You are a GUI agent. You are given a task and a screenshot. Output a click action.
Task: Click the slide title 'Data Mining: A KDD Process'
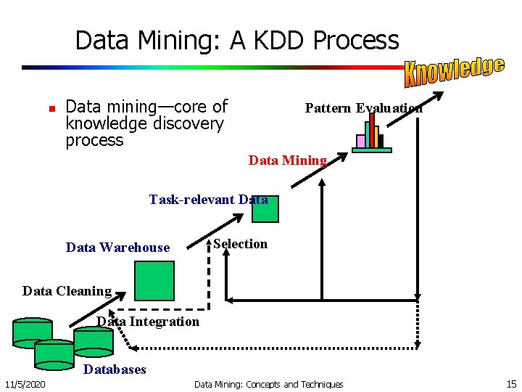coord(237,40)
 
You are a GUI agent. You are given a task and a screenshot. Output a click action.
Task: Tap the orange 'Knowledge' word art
coord(454,70)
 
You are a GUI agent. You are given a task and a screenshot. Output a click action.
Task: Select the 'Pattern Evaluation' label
coord(363,108)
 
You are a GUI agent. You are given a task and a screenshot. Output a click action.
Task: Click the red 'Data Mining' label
coord(288,160)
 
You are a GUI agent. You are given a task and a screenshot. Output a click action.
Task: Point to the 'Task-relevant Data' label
coord(208,199)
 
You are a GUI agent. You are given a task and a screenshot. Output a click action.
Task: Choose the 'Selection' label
coord(241,244)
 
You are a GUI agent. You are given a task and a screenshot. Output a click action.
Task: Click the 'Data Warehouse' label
coord(117,248)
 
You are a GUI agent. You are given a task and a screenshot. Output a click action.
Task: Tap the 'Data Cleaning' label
coord(67,291)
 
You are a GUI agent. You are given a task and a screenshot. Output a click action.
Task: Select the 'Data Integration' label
coord(148,321)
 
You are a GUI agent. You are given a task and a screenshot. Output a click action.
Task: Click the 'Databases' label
coord(115,369)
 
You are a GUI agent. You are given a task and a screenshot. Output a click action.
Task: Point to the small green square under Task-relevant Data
coord(265,209)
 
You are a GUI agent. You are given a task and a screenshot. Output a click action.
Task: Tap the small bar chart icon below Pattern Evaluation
coord(371,134)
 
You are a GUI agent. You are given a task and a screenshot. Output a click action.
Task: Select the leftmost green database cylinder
coord(33,332)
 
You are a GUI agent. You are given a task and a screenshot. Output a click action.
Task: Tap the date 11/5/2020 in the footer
coord(25,384)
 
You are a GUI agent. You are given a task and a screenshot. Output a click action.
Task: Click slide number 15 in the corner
coord(511,384)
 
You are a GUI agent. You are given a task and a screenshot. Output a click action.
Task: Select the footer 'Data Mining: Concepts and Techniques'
coord(268,384)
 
